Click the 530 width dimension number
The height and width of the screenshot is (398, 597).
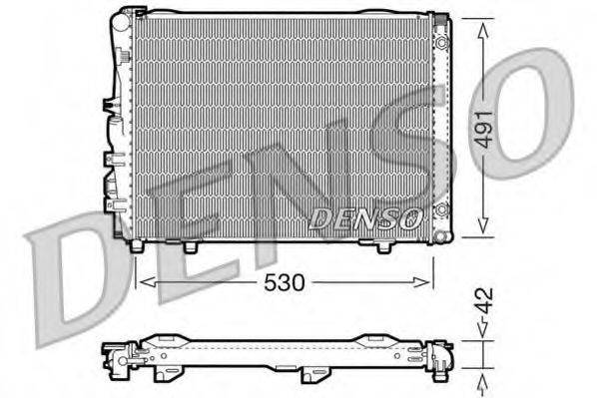(286, 282)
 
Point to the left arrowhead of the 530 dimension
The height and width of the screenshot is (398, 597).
(141, 282)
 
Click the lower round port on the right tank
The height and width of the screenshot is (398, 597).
(441, 209)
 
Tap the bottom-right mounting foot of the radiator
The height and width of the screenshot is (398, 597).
(383, 246)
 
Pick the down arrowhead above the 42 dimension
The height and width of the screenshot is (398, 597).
(483, 334)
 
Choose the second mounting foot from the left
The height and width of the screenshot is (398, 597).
(189, 246)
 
